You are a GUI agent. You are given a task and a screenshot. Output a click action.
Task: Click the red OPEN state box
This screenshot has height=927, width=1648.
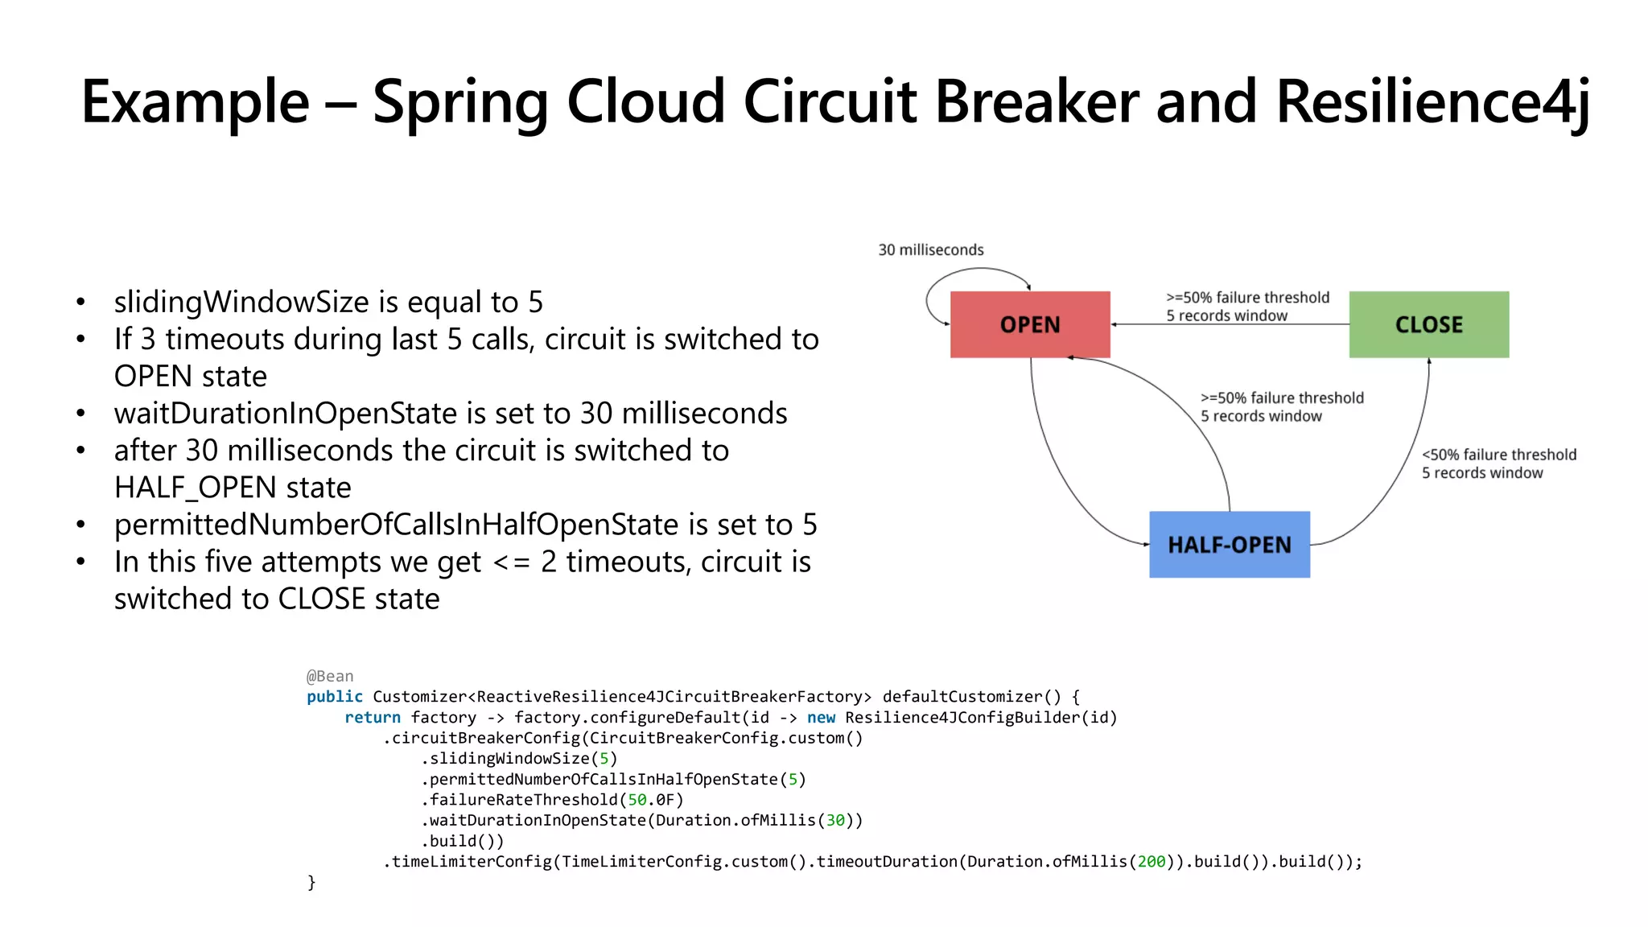click(x=1029, y=324)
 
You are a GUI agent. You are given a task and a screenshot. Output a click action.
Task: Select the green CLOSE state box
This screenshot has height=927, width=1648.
click(x=1428, y=324)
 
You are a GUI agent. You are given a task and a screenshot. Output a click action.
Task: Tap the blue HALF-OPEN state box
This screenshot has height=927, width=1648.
click(x=1229, y=545)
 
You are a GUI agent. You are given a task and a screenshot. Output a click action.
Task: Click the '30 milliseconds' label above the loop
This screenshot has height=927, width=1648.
click(x=930, y=250)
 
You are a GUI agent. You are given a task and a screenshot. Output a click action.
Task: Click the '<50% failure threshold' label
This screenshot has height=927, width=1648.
click(x=1498, y=455)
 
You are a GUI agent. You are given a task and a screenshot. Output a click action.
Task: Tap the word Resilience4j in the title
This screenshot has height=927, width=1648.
click(x=1432, y=102)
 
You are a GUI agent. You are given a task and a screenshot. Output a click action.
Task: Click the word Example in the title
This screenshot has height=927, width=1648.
click(x=196, y=102)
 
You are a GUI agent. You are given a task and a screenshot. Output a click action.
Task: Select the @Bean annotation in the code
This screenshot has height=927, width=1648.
click(x=330, y=676)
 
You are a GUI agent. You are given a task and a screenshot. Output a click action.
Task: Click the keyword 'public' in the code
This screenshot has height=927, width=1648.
click(x=334, y=697)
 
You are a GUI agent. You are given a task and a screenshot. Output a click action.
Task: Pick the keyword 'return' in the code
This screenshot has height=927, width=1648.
click(x=373, y=718)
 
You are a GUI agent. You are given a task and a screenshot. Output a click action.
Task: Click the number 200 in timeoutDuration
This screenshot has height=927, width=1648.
click(x=1151, y=862)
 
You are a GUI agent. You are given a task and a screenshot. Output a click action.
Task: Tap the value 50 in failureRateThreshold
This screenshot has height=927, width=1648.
click(x=637, y=800)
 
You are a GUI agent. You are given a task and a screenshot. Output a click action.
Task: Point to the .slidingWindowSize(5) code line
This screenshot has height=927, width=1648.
click(x=519, y=759)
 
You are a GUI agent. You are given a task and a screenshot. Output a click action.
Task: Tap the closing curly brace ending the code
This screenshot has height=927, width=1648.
click(x=311, y=883)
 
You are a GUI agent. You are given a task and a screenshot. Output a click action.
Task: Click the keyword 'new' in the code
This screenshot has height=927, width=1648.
click(x=821, y=718)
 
